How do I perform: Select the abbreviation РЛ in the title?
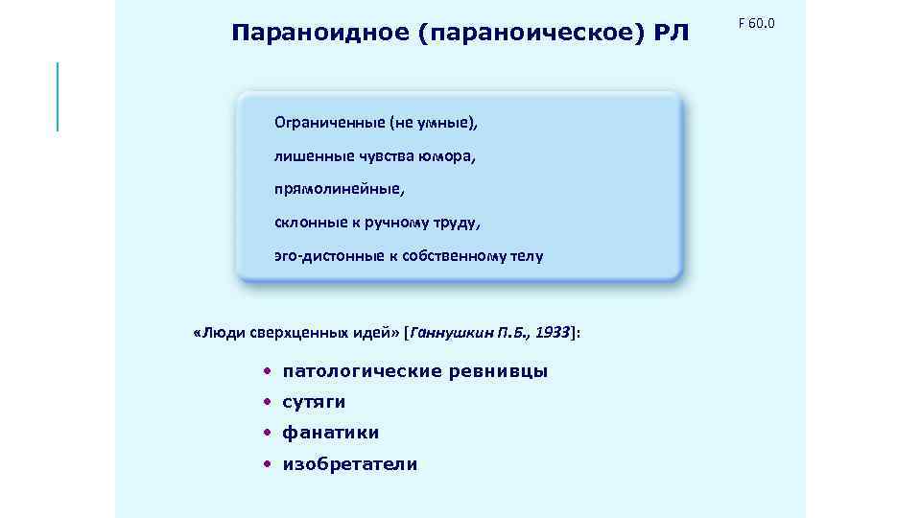(673, 35)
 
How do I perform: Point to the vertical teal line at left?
(58, 96)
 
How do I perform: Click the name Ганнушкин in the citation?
(451, 333)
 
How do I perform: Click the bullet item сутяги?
(314, 402)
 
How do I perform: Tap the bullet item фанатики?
(331, 433)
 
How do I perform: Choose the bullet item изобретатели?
(350, 464)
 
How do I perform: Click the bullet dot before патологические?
(270, 371)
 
